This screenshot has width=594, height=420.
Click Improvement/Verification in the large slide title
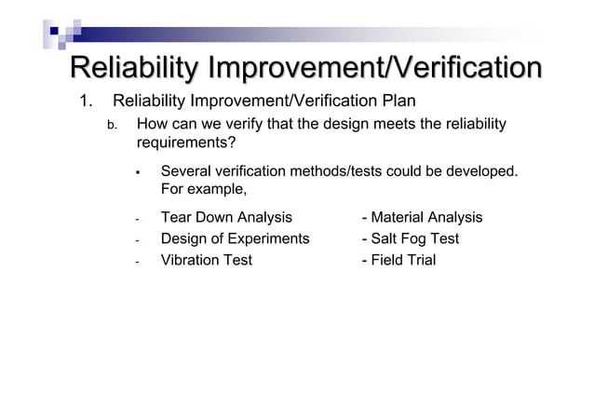coord(374,68)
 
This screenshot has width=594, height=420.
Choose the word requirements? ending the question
coord(185,143)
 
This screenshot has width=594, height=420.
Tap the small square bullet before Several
coord(136,172)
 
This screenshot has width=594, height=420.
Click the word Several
coord(189,171)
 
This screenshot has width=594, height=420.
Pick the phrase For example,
coord(204,190)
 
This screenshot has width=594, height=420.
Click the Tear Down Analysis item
coord(226,217)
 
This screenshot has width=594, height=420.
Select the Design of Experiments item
coord(235,238)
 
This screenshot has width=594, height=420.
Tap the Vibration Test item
coord(206,260)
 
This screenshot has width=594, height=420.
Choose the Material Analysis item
coord(422,217)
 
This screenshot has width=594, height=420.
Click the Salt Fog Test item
coord(410,238)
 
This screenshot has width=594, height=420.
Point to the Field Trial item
coord(398,260)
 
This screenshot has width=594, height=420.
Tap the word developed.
coord(483,171)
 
